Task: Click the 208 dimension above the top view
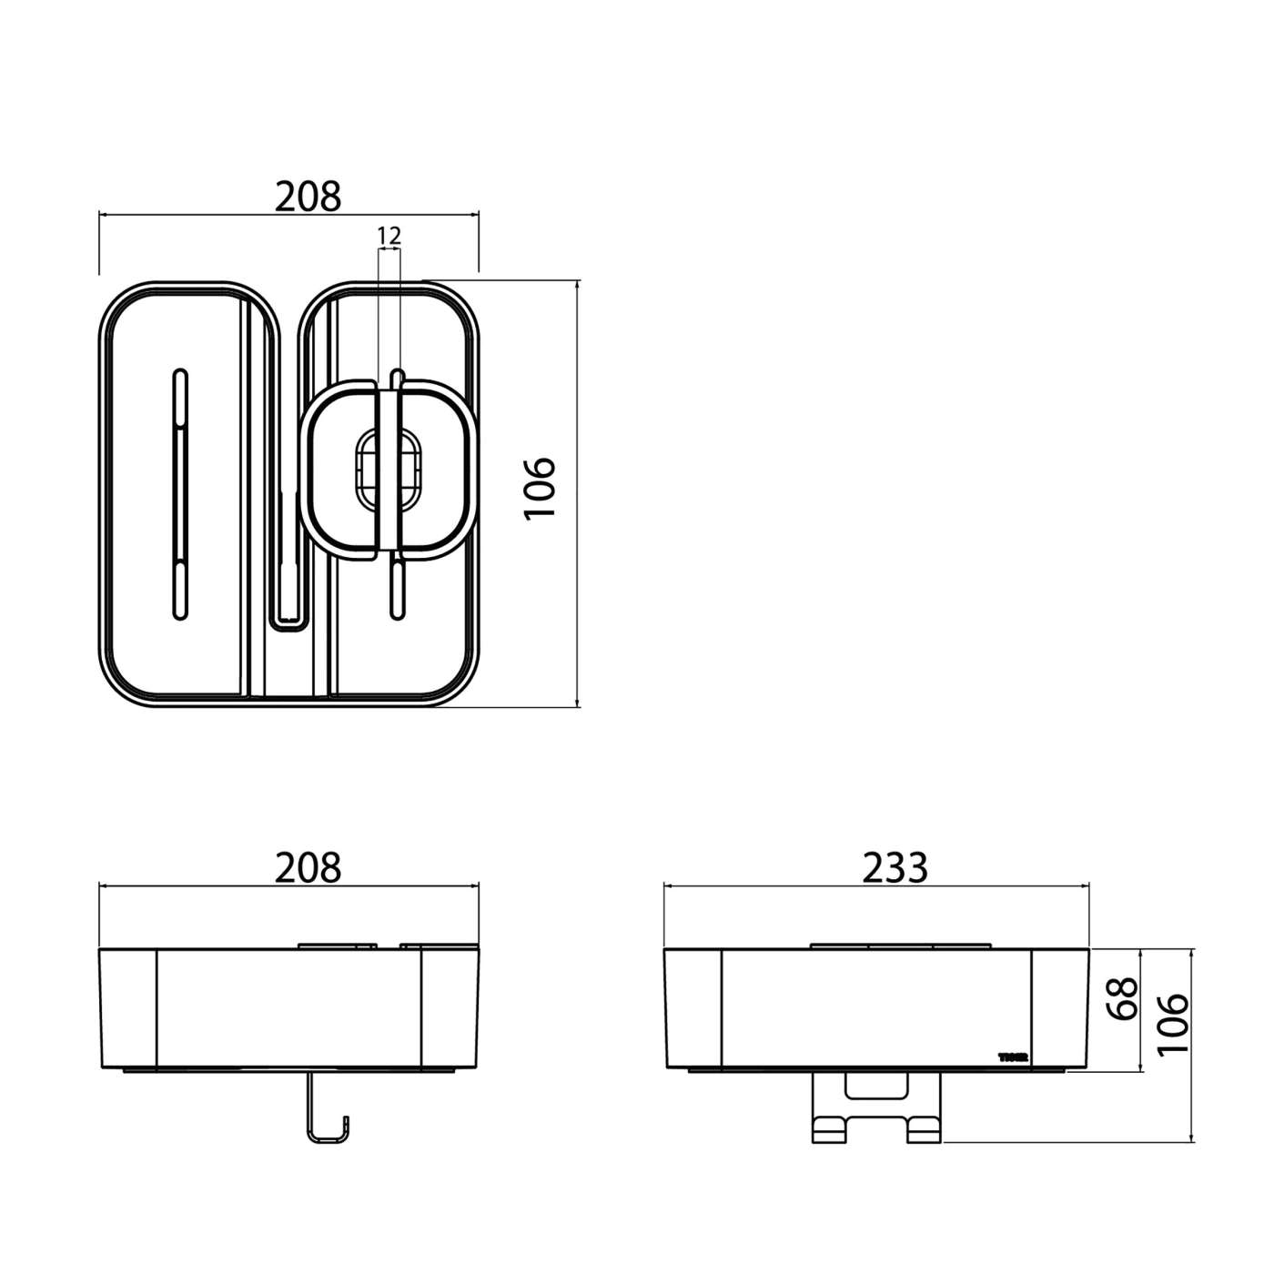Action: tap(308, 196)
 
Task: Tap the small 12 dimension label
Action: tap(389, 236)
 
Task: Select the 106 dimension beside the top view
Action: tap(540, 489)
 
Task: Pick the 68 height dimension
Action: tap(1126, 998)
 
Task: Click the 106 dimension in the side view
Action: tap(1174, 1023)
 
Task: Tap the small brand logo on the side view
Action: tap(1013, 1057)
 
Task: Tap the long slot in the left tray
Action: tap(180, 496)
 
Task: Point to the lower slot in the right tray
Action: tap(396, 590)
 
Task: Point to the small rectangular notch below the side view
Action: tap(876, 1085)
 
